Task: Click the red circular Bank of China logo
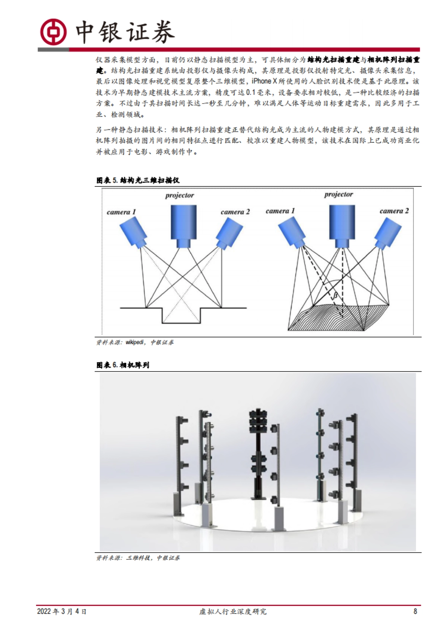coord(53,32)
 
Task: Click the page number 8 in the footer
coord(415,611)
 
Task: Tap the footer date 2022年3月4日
coord(62,612)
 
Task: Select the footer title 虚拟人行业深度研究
coord(233,612)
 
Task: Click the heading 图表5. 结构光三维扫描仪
coord(138,180)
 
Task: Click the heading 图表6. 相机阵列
coord(123,365)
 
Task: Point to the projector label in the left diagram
coord(180,195)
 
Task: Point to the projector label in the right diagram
coord(338,194)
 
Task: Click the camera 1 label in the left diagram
coord(121,212)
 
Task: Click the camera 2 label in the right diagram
coord(394,211)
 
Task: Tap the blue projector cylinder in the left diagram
coord(184,224)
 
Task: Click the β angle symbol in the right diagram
coord(335,296)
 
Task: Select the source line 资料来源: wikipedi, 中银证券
coord(135,342)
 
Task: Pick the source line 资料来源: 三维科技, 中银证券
coord(138,558)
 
